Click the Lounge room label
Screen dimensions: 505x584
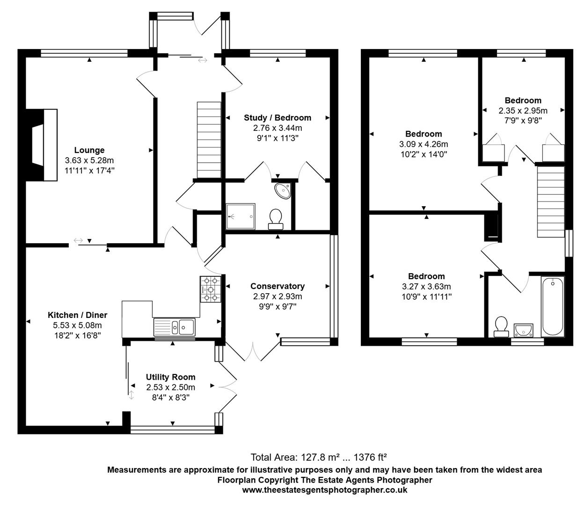pyautogui.click(x=89, y=150)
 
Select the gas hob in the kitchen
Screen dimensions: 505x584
pyautogui.click(x=211, y=289)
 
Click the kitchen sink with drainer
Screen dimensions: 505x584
pyautogui.click(x=174, y=327)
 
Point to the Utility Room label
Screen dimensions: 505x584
pyautogui.click(x=170, y=377)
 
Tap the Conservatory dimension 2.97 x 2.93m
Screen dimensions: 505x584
pyautogui.click(x=277, y=296)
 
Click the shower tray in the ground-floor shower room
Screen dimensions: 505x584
pyautogui.click(x=241, y=216)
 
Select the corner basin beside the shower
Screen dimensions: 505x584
pyautogui.click(x=284, y=190)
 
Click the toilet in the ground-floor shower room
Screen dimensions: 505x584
pyautogui.click(x=276, y=219)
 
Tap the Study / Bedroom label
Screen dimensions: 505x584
pyautogui.click(x=277, y=117)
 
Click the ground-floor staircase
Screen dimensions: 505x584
pyautogui.click(x=209, y=140)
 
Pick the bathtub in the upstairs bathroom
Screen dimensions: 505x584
pyautogui.click(x=553, y=306)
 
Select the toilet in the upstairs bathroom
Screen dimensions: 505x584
pyautogui.click(x=501, y=326)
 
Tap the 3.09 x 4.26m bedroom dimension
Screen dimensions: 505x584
pyautogui.click(x=423, y=144)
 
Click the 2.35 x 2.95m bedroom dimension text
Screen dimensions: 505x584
pyautogui.click(x=523, y=111)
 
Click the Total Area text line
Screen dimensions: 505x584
pyautogui.click(x=318, y=457)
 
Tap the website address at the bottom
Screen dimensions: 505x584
pyautogui.click(x=324, y=490)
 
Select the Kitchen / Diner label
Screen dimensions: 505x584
pyautogui.click(x=77, y=315)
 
